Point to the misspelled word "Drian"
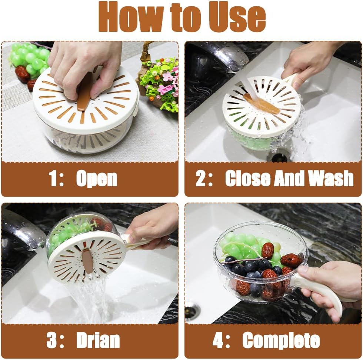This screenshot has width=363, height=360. tap(98, 340)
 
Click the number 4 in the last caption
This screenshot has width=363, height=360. tap(219, 340)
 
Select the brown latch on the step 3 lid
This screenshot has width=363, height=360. tap(88, 261)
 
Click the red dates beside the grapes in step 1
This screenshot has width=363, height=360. tap(22, 74)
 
